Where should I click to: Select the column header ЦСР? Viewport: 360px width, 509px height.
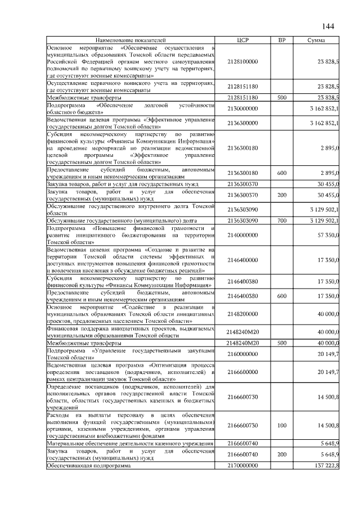(242, 41)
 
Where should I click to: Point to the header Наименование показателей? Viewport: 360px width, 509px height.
(130, 41)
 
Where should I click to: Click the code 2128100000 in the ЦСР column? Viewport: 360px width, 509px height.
(242, 61)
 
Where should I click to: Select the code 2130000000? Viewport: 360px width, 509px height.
(242, 109)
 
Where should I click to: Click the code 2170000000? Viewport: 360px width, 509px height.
(242, 466)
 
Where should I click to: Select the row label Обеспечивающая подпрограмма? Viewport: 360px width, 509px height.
(89, 466)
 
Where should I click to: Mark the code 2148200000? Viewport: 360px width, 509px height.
(242, 314)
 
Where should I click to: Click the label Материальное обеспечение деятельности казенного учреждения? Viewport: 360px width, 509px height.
(130, 444)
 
